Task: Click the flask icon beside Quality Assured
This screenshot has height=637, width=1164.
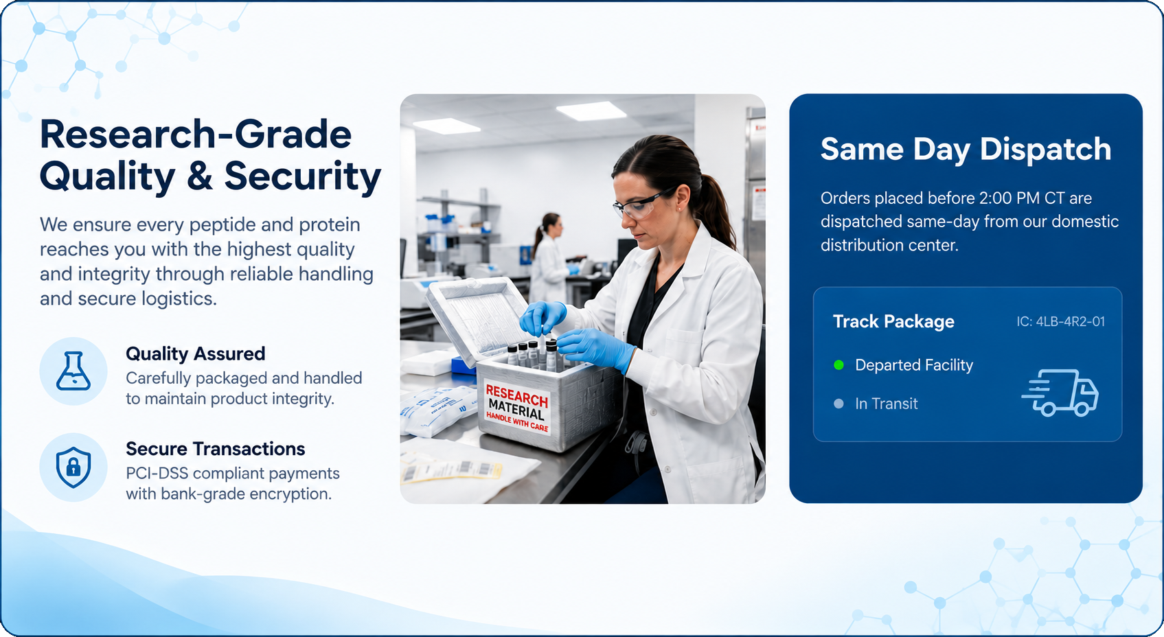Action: click(73, 371)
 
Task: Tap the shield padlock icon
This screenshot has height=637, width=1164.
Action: click(73, 467)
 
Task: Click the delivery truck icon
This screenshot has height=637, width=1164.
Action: click(1060, 393)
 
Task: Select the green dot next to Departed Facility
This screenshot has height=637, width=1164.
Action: click(838, 364)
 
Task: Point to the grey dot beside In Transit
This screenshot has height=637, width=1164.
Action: click(838, 404)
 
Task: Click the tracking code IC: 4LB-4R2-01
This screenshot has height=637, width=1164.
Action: click(1060, 322)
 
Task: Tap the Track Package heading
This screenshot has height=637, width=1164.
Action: click(893, 322)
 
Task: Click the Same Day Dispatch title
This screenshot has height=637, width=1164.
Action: click(966, 150)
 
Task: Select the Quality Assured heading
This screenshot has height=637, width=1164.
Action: click(196, 354)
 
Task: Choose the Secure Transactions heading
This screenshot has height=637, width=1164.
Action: click(215, 449)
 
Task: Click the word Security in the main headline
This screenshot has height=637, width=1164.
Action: click(302, 176)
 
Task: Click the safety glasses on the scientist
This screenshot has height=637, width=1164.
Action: click(641, 204)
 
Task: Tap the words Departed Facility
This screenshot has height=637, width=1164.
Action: click(914, 365)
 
